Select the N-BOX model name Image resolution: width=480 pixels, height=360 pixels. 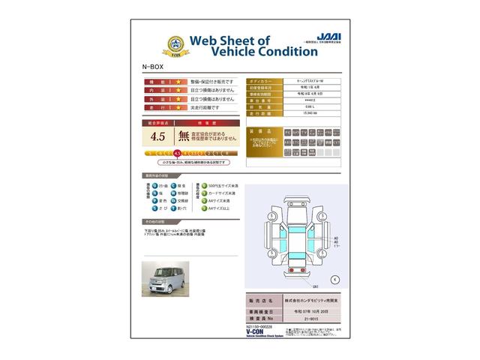click(x=151, y=67)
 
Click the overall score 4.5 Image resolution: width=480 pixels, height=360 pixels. click(x=157, y=136)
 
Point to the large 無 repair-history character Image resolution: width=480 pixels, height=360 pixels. click(x=184, y=136)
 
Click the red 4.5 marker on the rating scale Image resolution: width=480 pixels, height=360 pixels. click(x=177, y=152)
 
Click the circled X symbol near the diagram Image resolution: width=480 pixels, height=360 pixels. click(x=334, y=279)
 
